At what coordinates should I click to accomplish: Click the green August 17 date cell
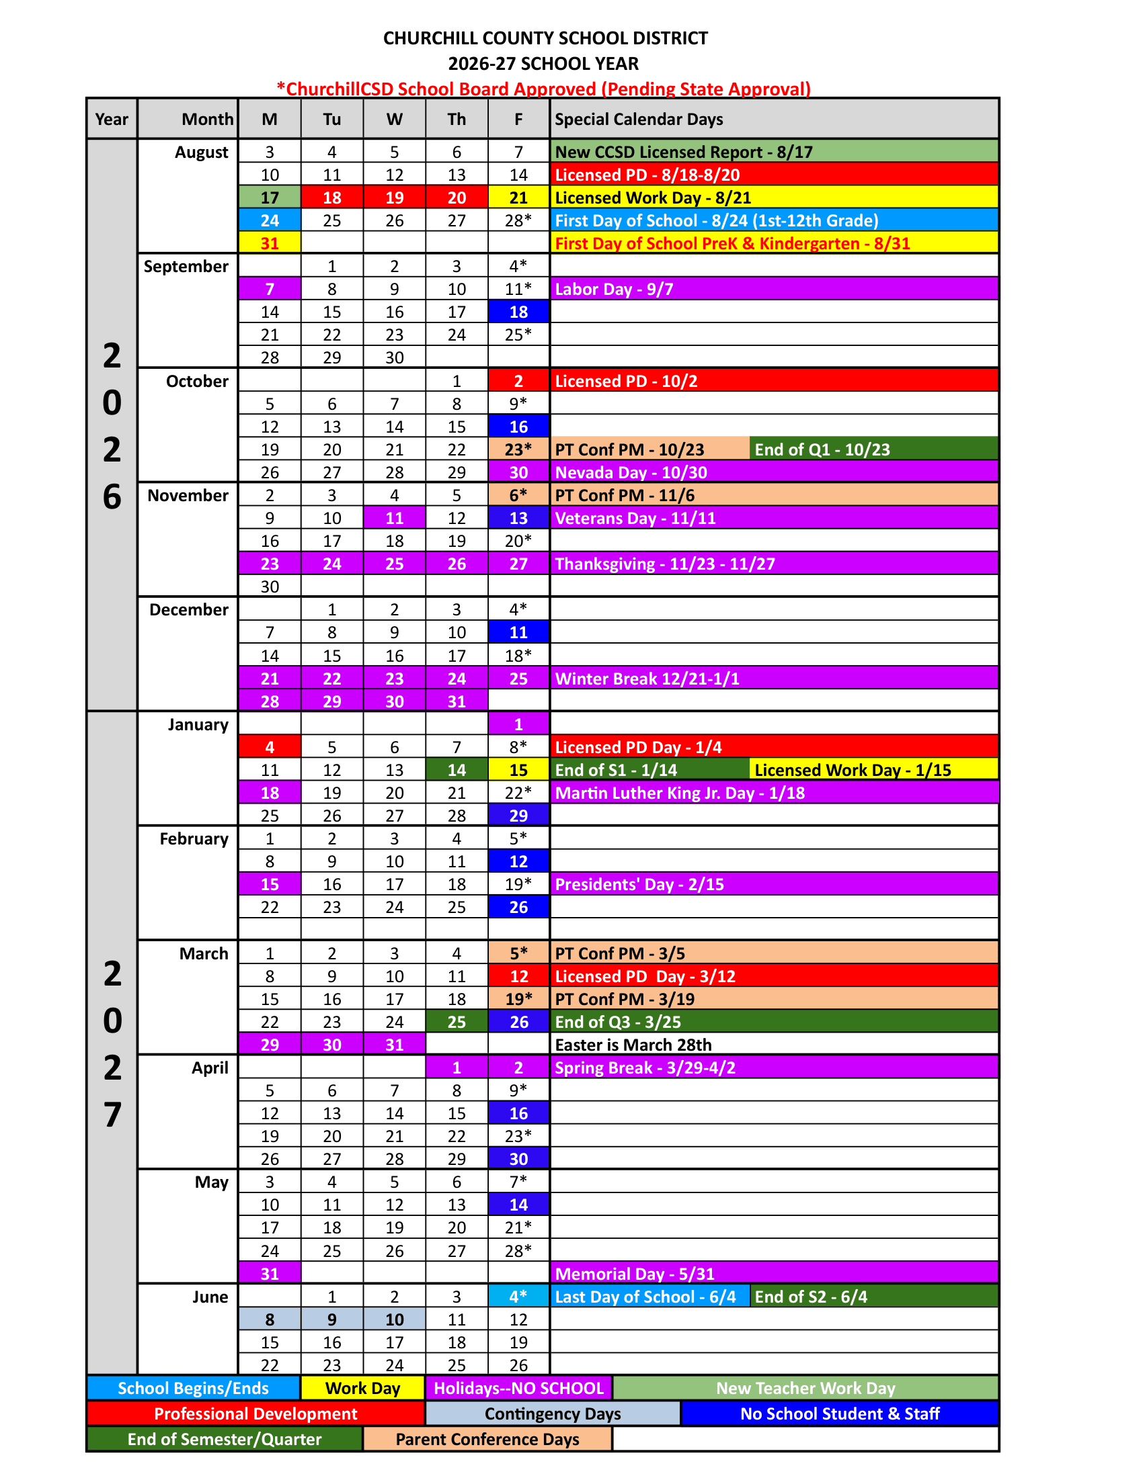pyautogui.click(x=270, y=198)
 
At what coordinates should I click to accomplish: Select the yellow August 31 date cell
pyautogui.click(x=270, y=243)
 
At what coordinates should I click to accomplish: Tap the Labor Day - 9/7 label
pyautogui.click(x=613, y=289)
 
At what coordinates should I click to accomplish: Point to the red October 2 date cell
pyautogui.click(x=518, y=381)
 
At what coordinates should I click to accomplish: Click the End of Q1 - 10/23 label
pyautogui.click(x=822, y=449)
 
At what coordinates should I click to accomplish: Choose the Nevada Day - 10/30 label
pyautogui.click(x=631, y=472)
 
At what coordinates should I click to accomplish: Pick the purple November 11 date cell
pyautogui.click(x=394, y=519)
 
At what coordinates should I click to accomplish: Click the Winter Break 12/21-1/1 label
pyautogui.click(x=647, y=679)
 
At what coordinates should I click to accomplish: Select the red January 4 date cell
pyautogui.click(x=270, y=747)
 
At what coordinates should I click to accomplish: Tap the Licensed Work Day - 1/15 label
pyautogui.click(x=853, y=770)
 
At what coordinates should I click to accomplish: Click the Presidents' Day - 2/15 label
pyautogui.click(x=639, y=885)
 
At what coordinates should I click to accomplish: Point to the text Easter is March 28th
pyautogui.click(x=633, y=1045)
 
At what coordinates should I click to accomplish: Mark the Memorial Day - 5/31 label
pyautogui.click(x=635, y=1274)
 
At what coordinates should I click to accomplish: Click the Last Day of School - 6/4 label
pyautogui.click(x=645, y=1297)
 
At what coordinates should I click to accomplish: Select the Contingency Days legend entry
pyautogui.click(x=553, y=1414)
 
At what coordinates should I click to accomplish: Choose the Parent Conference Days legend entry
pyautogui.click(x=487, y=1440)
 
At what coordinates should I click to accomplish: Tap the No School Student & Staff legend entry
pyautogui.click(x=839, y=1414)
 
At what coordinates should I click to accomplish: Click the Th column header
pyautogui.click(x=457, y=119)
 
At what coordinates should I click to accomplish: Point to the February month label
pyautogui.click(x=194, y=839)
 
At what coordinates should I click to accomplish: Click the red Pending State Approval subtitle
pyautogui.click(x=543, y=89)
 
